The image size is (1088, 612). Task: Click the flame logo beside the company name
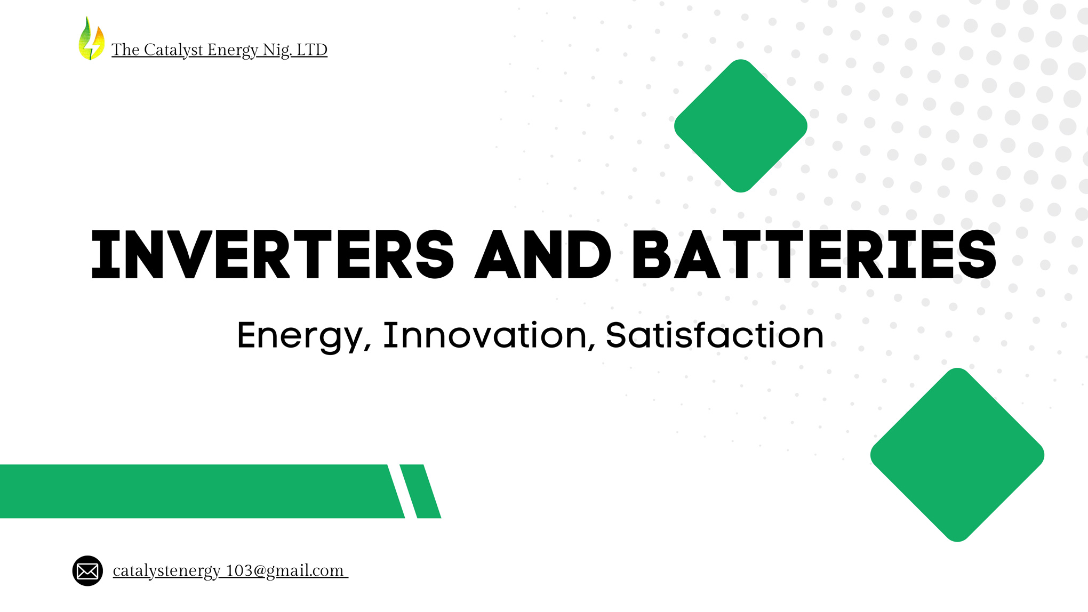click(91, 38)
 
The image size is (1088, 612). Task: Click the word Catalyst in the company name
click(173, 50)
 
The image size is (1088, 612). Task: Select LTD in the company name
click(312, 50)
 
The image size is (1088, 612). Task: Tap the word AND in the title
click(543, 254)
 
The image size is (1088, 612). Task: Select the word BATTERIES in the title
click(814, 254)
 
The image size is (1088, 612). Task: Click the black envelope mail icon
click(87, 571)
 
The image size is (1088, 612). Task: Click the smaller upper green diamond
click(741, 126)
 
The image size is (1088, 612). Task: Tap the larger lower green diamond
click(957, 455)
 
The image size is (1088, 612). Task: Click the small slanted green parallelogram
click(420, 491)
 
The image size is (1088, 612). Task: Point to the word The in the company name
click(125, 50)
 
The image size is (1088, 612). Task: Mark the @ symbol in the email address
click(260, 571)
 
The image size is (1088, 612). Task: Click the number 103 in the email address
click(239, 570)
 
